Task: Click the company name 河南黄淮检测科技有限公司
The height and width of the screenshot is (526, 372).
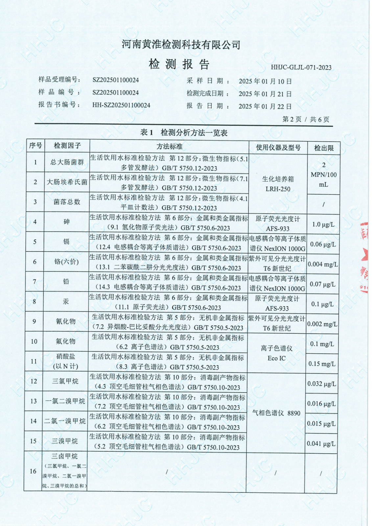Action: pyautogui.click(x=181, y=44)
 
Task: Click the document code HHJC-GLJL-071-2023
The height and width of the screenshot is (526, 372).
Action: pyautogui.click(x=301, y=67)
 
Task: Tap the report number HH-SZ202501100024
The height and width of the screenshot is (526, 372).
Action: pyautogui.click(x=121, y=105)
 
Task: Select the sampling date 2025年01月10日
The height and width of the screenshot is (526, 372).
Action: pyautogui.click(x=265, y=81)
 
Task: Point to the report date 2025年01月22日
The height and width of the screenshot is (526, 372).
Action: pyautogui.click(x=265, y=106)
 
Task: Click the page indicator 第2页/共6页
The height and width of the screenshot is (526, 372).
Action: pyautogui.click(x=306, y=119)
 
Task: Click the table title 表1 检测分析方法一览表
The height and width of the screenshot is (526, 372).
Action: pyautogui.click(x=184, y=132)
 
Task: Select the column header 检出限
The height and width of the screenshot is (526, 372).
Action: pyautogui.click(x=324, y=148)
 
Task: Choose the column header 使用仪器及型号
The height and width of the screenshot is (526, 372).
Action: pyautogui.click(x=278, y=147)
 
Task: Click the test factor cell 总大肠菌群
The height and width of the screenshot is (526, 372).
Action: pyautogui.click(x=67, y=162)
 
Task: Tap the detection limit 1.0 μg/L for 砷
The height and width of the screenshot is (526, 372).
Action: pyautogui.click(x=323, y=225)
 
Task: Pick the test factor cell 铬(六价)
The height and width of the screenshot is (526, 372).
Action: pyautogui.click(x=66, y=262)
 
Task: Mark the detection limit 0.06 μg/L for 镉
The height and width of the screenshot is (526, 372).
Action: pyautogui.click(x=323, y=244)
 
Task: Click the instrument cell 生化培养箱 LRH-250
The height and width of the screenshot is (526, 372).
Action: pyautogui.click(x=278, y=184)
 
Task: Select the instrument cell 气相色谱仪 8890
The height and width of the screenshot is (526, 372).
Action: pyautogui.click(x=276, y=413)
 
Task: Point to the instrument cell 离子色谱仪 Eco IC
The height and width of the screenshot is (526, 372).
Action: pyautogui.click(x=276, y=353)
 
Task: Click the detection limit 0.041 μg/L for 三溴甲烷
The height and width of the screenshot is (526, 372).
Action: pyautogui.click(x=321, y=443)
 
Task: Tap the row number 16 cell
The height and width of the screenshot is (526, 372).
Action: pyautogui.click(x=33, y=471)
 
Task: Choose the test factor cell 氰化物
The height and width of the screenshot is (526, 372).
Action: pyautogui.click(x=66, y=321)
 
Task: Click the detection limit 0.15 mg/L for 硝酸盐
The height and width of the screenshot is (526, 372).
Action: pyautogui.click(x=322, y=364)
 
